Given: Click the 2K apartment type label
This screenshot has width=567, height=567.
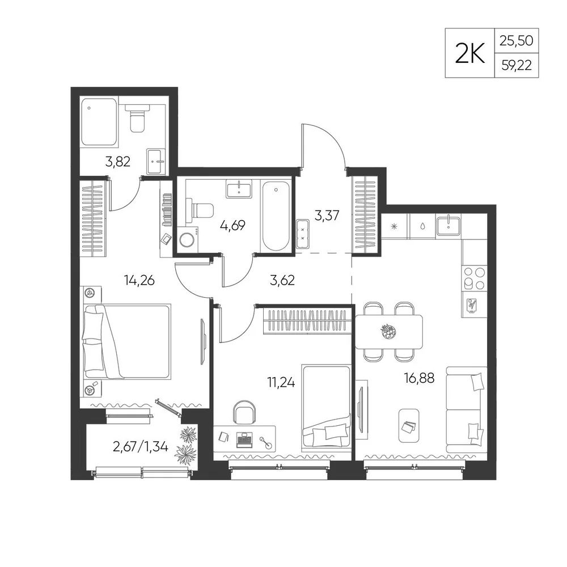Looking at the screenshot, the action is click(469, 53).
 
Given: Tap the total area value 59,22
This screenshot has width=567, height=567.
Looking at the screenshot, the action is click(517, 65).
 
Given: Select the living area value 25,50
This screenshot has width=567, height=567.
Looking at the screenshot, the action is click(517, 41).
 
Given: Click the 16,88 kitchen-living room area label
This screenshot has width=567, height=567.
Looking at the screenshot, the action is click(419, 379).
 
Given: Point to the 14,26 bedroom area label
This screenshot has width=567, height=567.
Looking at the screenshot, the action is click(139, 280).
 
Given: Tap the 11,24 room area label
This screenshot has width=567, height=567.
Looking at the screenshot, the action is click(281, 382).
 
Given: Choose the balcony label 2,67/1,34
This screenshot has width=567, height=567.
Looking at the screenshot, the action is click(140, 447).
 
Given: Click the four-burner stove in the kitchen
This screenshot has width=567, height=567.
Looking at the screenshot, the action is click(474, 278).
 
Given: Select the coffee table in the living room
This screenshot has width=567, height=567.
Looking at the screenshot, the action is click(409, 426).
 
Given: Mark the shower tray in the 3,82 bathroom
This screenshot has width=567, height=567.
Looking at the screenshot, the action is click(99, 122).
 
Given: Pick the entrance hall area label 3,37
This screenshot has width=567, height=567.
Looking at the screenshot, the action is click(327, 215).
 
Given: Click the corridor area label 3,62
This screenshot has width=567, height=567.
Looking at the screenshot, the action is click(282, 280).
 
